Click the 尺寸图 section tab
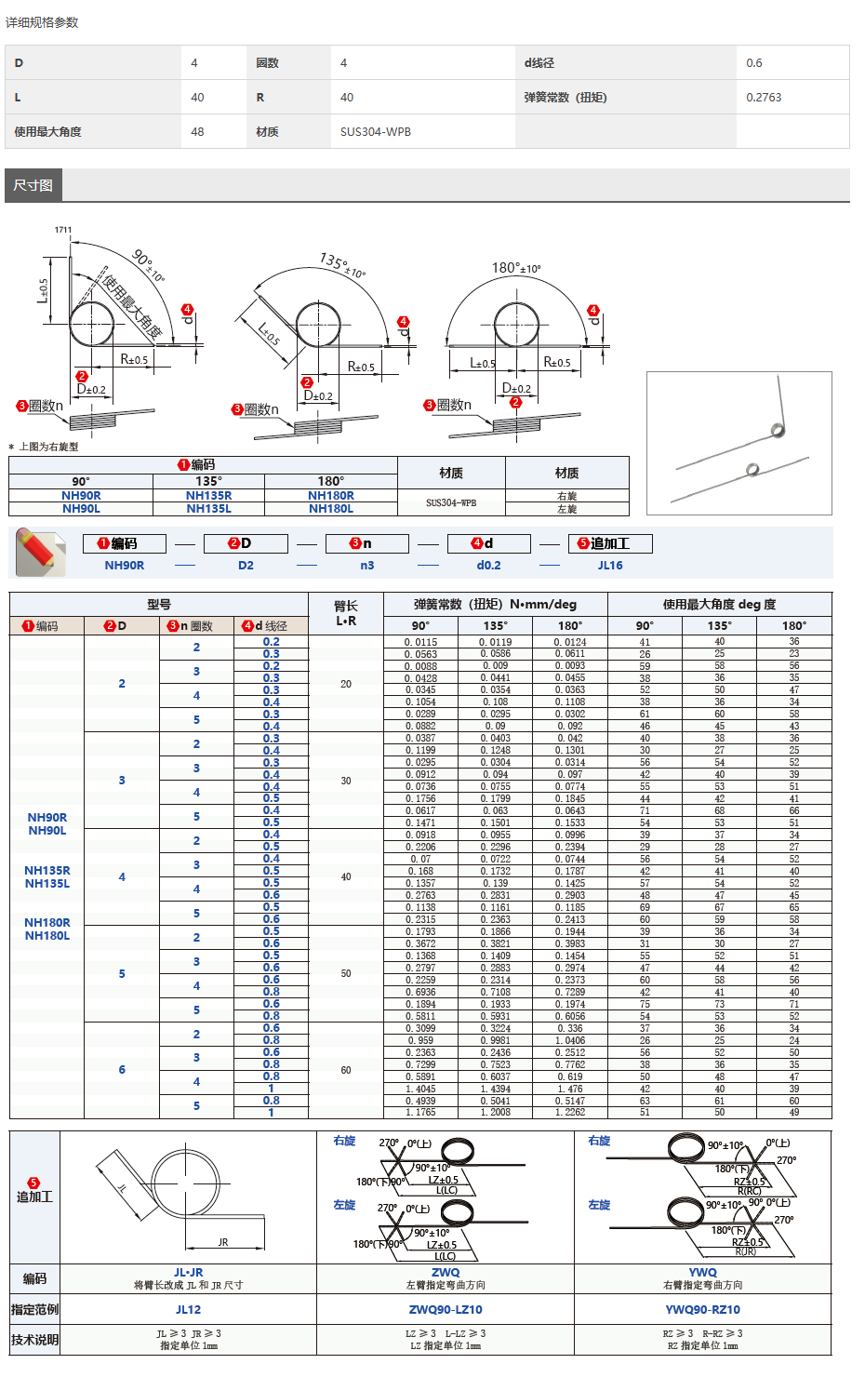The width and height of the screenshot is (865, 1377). point(33,185)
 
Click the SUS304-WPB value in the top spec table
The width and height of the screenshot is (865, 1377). point(376,131)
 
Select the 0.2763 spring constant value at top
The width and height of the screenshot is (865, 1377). point(764,97)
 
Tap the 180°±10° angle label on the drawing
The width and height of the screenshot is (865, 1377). point(516,268)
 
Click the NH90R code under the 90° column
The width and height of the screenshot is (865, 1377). point(81,496)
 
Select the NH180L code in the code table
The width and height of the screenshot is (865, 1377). point(330,509)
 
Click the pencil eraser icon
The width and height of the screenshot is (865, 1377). point(40,551)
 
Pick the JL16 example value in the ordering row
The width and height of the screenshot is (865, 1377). point(610,566)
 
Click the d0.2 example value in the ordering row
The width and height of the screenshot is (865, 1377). point(488,566)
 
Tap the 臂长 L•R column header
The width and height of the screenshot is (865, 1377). point(345,613)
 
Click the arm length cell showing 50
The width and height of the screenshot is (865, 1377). point(346,973)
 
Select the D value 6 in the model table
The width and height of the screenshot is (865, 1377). point(122,1070)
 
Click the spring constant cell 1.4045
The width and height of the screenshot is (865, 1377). point(420,1089)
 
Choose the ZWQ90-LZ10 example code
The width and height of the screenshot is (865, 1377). point(446,1309)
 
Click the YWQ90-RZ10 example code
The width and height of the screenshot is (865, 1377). point(703,1309)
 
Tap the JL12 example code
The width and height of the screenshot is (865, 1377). point(188,1309)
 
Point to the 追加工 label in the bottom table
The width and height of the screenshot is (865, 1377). point(34,1197)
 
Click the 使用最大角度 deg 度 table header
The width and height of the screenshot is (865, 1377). point(719,605)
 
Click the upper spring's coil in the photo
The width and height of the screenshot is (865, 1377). point(778,430)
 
